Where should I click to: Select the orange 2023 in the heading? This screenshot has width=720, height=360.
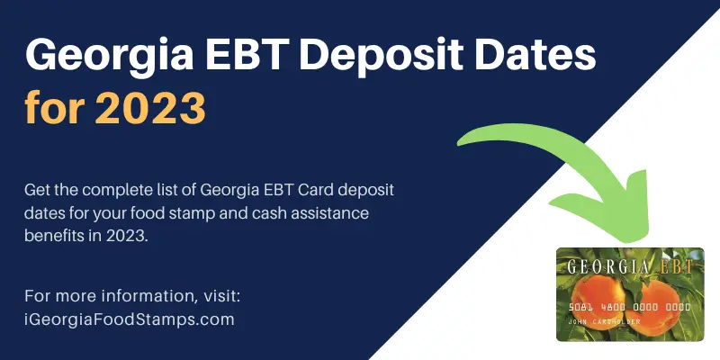[x=150, y=108]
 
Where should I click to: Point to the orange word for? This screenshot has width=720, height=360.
[x=54, y=107]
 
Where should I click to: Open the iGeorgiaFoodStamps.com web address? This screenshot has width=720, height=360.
[x=129, y=319]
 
